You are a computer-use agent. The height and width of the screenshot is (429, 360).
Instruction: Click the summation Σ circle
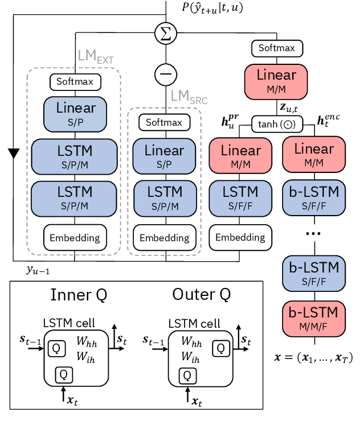[x=166, y=33]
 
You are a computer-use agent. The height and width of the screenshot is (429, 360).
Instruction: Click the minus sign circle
[x=166, y=74]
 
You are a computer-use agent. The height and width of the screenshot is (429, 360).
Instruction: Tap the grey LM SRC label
[x=189, y=98]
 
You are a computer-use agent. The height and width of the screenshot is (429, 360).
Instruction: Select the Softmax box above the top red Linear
[x=277, y=48]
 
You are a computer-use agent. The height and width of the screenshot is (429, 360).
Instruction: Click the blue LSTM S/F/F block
[x=239, y=197]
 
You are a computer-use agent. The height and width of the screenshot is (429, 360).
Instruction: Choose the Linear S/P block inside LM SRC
[x=164, y=156]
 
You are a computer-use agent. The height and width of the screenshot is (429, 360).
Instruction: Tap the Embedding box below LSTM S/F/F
[x=239, y=237]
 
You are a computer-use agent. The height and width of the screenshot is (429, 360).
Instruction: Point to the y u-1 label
[x=39, y=270]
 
